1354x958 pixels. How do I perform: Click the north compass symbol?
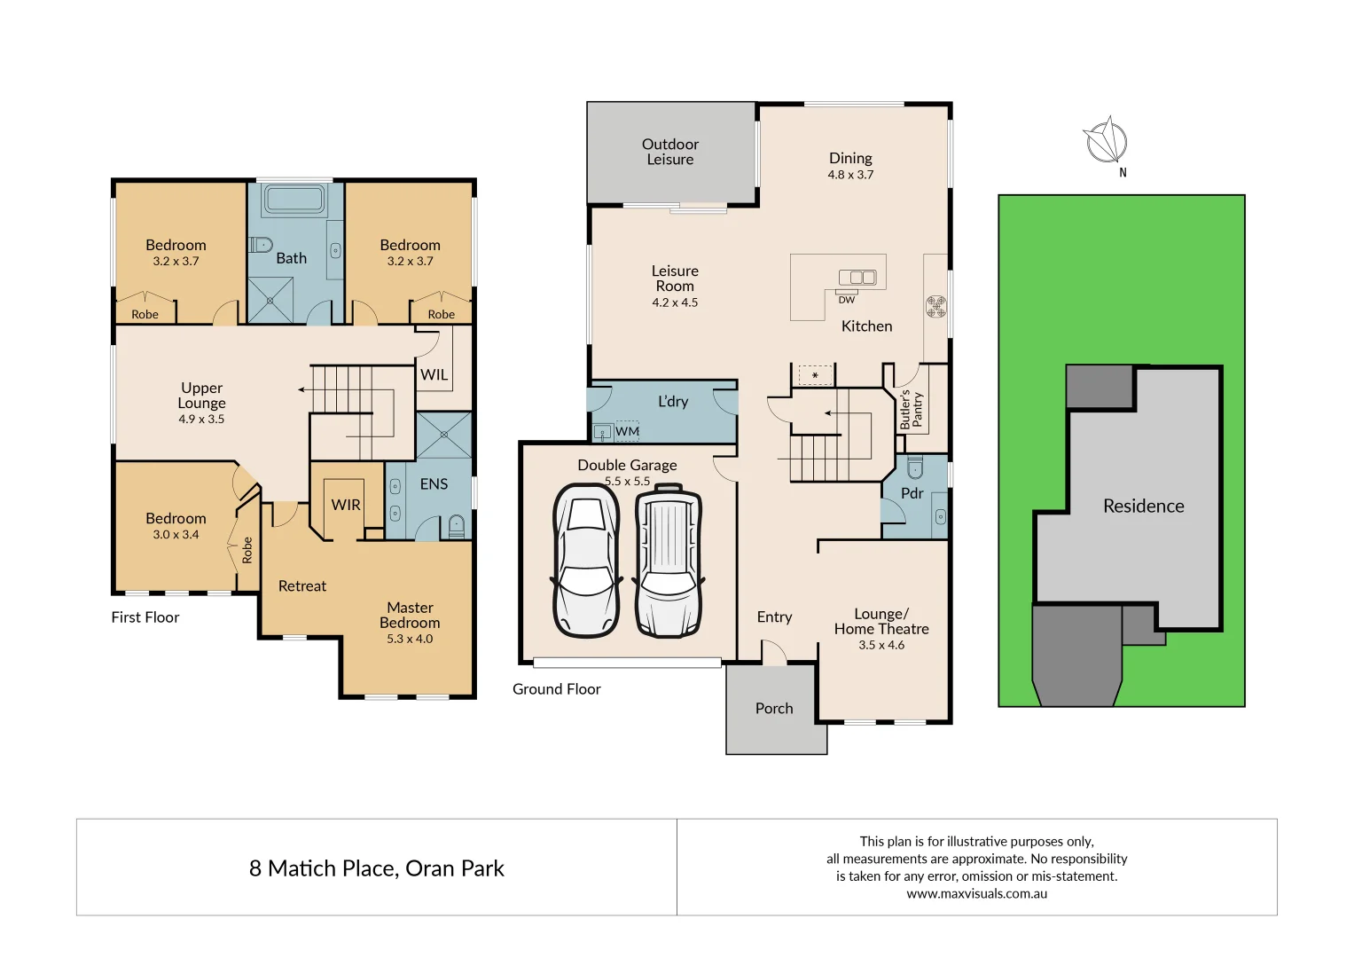click(1106, 142)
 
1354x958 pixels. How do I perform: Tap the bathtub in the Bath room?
click(293, 200)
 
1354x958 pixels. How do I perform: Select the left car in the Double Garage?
click(585, 561)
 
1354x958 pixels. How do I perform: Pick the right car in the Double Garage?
click(669, 561)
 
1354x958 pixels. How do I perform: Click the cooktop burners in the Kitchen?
click(935, 307)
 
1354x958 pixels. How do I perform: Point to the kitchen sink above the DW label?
click(857, 278)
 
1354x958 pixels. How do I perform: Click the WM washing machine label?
click(627, 431)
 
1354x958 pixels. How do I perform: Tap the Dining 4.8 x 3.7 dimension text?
click(850, 175)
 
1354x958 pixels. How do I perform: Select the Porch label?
click(774, 708)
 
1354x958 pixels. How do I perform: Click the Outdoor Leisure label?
click(669, 152)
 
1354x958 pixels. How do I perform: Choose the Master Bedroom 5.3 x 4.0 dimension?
click(410, 639)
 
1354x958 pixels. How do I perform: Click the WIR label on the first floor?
click(346, 505)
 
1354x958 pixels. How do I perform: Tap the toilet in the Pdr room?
click(915, 467)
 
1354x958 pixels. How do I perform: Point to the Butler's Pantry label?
click(911, 410)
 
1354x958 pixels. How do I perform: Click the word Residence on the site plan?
click(1143, 506)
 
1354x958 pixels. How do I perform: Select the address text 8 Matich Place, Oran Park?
click(376, 868)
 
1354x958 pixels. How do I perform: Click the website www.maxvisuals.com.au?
click(976, 893)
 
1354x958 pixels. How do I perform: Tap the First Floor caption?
click(145, 617)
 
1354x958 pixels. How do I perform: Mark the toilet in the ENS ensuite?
click(456, 526)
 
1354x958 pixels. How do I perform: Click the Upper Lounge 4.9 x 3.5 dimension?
click(201, 419)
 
